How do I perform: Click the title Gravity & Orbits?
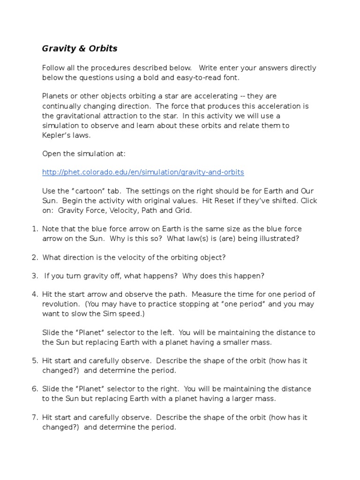click(80, 48)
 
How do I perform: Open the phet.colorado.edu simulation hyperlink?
click(143, 172)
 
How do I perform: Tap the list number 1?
click(34, 229)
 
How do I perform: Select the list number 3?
click(34, 276)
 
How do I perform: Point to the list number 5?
click(34, 361)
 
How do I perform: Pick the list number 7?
click(34, 417)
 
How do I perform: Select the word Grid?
click(183, 210)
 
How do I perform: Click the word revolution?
click(60, 304)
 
